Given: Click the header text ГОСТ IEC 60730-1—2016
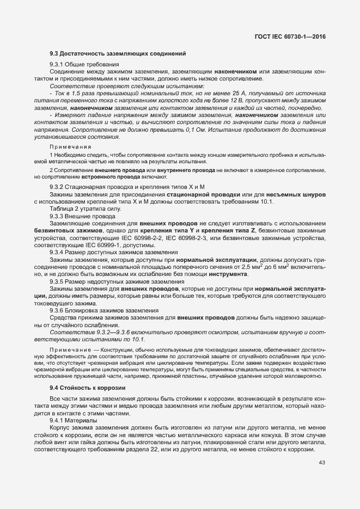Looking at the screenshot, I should (x=294, y=37).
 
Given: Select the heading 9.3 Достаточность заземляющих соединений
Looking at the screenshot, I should (x=118, y=53).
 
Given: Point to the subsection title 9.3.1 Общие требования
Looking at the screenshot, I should (x=84, y=65).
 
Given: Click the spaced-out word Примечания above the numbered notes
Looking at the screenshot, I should (x=70, y=147).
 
